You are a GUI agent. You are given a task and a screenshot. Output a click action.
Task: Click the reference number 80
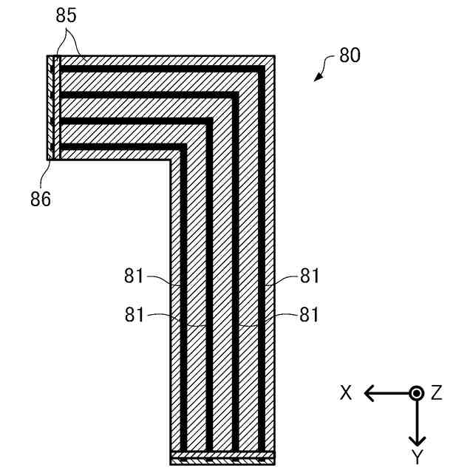click(350, 55)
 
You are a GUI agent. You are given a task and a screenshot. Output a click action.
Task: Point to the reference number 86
click(41, 198)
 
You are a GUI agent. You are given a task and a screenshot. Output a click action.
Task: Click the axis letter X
click(346, 393)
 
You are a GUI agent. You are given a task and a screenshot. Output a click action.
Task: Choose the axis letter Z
click(436, 393)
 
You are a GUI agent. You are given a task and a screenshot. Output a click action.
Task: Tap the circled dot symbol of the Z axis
click(417, 393)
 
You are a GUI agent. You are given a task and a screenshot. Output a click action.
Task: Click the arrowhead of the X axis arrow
click(367, 393)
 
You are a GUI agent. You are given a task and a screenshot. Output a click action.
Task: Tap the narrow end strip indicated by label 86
click(50, 107)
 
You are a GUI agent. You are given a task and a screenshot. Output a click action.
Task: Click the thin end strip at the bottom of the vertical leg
click(222, 455)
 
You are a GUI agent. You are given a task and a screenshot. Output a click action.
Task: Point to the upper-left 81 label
click(135, 277)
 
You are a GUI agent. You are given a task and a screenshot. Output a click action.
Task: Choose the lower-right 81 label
click(309, 314)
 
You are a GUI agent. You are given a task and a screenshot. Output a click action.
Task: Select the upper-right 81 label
click(309, 277)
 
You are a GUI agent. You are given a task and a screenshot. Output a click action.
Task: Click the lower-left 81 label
click(135, 314)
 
